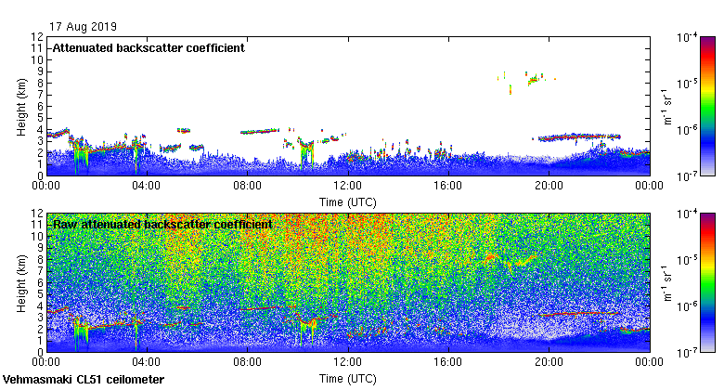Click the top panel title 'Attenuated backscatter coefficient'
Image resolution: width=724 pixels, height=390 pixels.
(149, 48)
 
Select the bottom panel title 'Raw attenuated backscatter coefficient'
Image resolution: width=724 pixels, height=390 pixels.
(162, 225)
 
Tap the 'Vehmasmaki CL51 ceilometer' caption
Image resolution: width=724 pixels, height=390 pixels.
(84, 380)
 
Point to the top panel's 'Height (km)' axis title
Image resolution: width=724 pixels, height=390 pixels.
(20, 106)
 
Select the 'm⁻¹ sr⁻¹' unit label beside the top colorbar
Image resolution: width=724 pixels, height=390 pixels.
(666, 106)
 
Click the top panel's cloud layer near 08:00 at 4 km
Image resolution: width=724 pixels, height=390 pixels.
(260, 132)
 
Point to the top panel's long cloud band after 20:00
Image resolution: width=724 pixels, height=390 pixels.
(580, 136)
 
